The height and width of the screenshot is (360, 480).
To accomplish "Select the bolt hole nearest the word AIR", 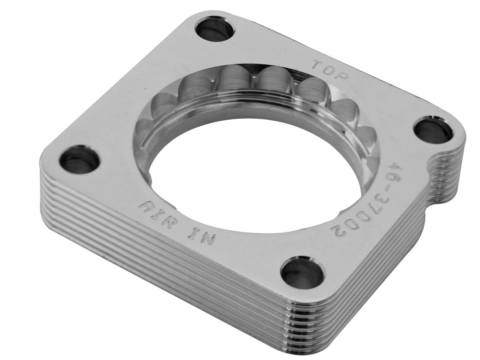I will click(x=79, y=160).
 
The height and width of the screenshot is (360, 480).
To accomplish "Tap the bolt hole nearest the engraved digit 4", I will click(x=433, y=130).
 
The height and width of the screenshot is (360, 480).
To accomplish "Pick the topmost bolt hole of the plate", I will click(x=215, y=29).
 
